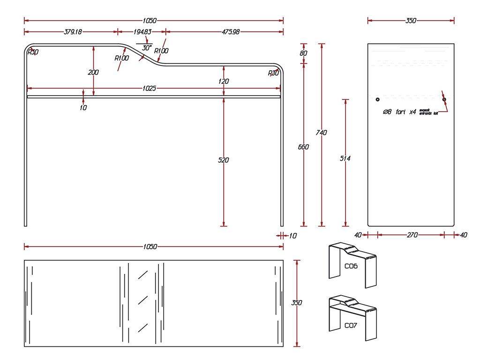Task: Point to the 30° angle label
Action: click(x=146, y=48)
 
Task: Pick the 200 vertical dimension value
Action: click(x=93, y=72)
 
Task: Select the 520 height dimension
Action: click(x=224, y=160)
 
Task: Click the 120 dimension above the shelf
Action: click(x=224, y=81)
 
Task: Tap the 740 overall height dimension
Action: click(x=321, y=133)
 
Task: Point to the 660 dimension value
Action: click(x=303, y=147)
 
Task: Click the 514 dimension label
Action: click(x=345, y=158)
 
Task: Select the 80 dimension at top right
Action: click(x=303, y=53)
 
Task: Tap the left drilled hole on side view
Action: click(x=377, y=99)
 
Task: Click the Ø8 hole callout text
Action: click(x=399, y=112)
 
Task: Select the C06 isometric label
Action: click(x=351, y=266)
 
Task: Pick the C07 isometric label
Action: click(x=351, y=325)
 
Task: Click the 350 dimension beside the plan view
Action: click(x=297, y=303)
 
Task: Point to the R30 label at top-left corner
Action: click(x=33, y=52)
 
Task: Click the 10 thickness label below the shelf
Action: click(x=83, y=107)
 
